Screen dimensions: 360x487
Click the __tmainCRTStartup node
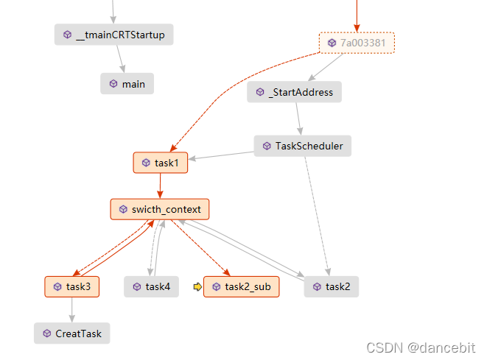[x=113, y=35]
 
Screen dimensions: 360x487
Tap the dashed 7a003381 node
[x=357, y=43]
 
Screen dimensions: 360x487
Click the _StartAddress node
[x=294, y=92]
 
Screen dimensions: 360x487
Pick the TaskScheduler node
[x=302, y=146]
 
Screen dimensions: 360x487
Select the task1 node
[x=161, y=163]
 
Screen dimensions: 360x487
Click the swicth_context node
[x=160, y=209]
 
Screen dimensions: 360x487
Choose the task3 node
[x=72, y=286]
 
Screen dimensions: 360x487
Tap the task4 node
[x=151, y=286]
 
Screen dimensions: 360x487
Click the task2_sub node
[x=242, y=286]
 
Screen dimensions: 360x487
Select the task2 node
[x=332, y=286]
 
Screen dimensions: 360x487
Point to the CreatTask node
[x=71, y=333]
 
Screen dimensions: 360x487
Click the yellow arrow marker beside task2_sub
[x=197, y=286]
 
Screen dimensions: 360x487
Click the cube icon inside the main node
[x=113, y=84]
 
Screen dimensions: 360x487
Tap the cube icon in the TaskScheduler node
[x=267, y=146]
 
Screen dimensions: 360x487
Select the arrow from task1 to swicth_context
[x=160, y=186]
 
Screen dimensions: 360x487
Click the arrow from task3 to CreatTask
[x=71, y=310]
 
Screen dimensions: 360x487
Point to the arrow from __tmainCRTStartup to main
[x=120, y=59]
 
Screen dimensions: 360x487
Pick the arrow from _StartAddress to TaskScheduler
[x=298, y=119]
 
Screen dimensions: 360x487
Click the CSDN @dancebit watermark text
[x=421, y=347]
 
